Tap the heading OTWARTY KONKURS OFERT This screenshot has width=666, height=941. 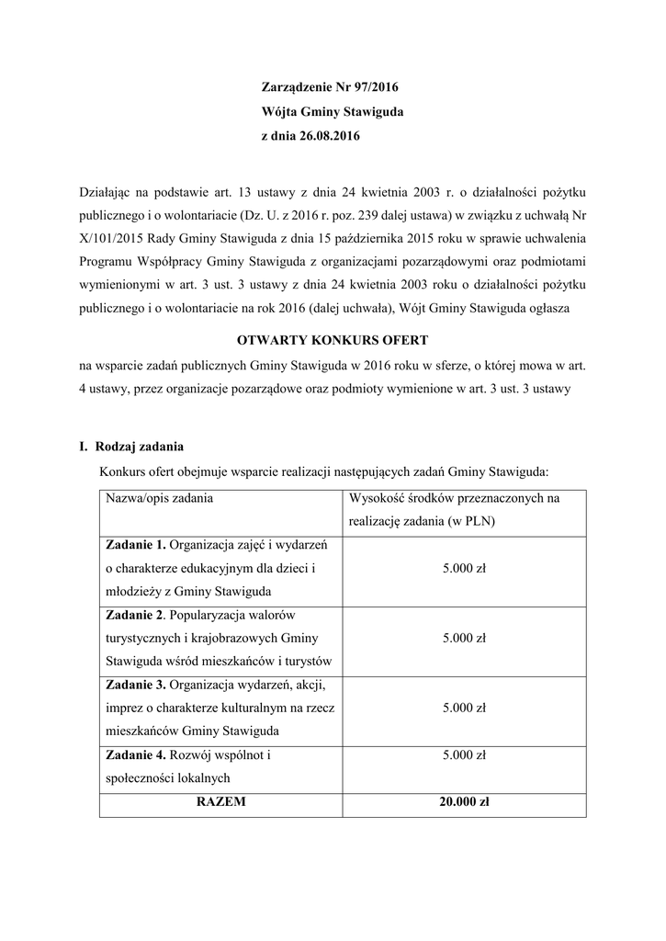click(333, 340)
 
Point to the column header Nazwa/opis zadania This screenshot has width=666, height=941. click(160, 498)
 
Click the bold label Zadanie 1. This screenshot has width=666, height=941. click(136, 545)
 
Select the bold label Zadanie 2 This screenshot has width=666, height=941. click(136, 614)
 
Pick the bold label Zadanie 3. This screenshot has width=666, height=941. click(136, 684)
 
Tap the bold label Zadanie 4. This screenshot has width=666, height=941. click(136, 755)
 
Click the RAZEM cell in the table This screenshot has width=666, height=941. click(220, 801)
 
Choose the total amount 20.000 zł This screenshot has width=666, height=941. click(464, 801)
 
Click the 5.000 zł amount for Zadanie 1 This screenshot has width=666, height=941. click(464, 569)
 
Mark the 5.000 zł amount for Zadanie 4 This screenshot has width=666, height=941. click(464, 755)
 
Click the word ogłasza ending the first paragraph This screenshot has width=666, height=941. click(546, 309)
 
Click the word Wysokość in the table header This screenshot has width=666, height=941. click(378, 498)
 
